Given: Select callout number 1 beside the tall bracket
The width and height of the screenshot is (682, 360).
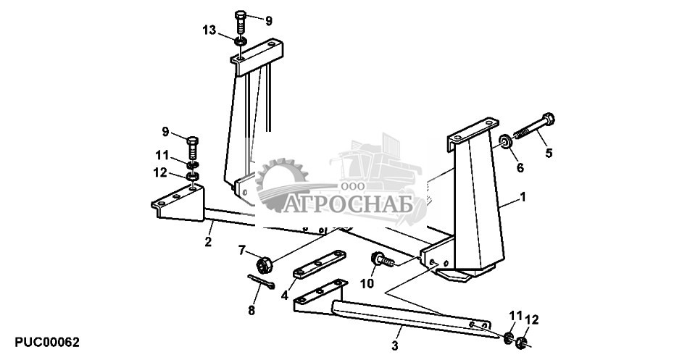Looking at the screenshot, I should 523,197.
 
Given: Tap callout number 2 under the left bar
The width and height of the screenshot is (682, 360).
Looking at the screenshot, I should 208,242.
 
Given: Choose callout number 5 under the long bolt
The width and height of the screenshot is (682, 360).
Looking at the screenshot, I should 549,153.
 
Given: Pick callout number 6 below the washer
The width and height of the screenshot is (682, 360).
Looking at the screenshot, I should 519,168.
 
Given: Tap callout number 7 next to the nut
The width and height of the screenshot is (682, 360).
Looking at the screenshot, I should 243,250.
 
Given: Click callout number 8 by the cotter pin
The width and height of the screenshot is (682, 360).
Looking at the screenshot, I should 251,310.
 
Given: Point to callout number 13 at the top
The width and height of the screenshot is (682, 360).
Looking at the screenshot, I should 209,30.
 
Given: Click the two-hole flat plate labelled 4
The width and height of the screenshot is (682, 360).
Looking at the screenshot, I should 318,265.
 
